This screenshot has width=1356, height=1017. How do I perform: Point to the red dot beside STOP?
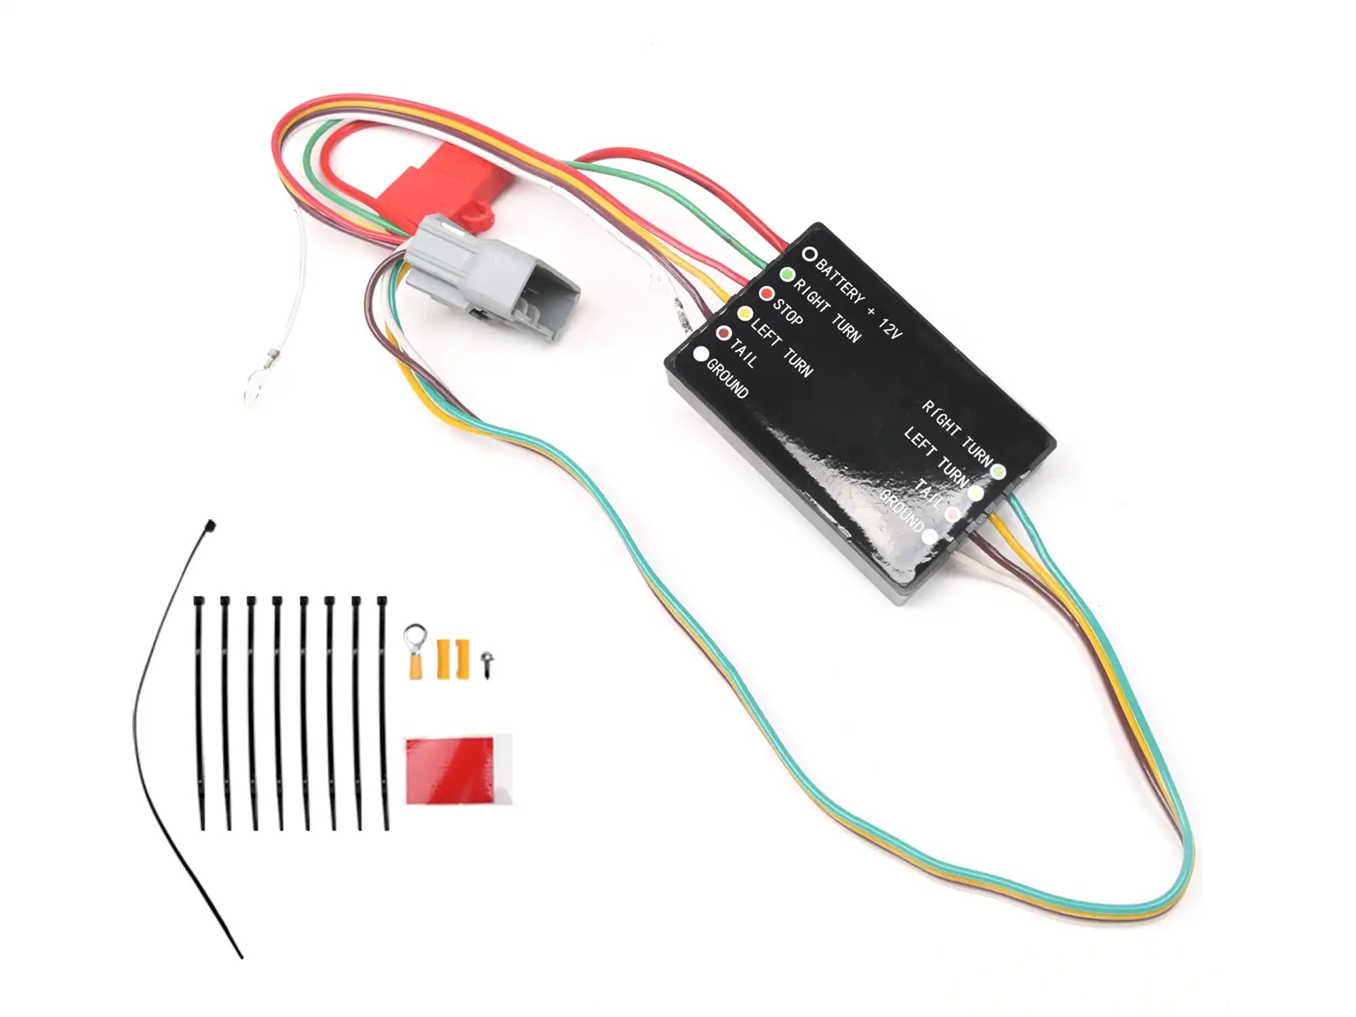click(x=766, y=294)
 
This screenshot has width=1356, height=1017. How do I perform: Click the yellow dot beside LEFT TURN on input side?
click(x=745, y=314)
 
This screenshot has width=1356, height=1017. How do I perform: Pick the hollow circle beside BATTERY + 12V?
click(x=809, y=254)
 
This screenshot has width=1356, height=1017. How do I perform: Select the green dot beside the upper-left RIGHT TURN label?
click(x=787, y=275)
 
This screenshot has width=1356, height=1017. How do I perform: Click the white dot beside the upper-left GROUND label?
click(x=701, y=354)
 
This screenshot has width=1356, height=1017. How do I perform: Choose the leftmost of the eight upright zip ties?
click(x=200, y=713)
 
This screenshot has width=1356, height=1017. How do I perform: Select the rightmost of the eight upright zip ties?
click(x=384, y=713)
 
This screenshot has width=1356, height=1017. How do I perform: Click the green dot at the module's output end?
click(x=998, y=471)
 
